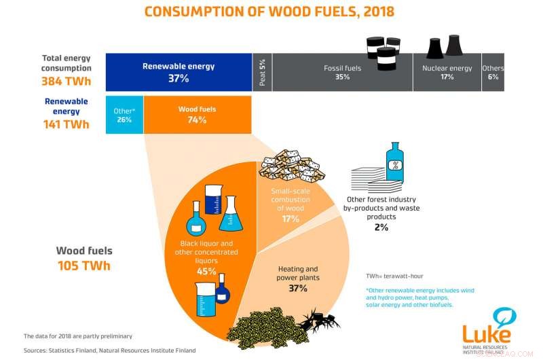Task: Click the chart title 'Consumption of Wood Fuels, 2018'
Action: point(269,12)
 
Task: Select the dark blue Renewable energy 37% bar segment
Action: point(179,72)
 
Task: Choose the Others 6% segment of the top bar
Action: point(492,73)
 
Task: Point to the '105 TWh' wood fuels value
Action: point(83,266)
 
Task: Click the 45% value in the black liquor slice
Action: point(207,271)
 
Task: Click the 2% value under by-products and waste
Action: point(381,228)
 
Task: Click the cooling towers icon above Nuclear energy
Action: point(444,47)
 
